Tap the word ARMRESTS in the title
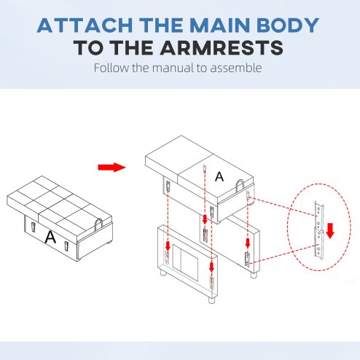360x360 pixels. point(222,48)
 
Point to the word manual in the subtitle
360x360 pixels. point(173,68)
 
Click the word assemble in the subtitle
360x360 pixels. point(236,68)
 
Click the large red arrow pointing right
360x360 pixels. point(111,167)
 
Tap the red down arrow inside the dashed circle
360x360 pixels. point(330,231)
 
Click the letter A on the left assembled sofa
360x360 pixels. point(50,238)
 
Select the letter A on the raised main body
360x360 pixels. point(219,176)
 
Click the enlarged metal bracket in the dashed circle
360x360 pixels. point(319,231)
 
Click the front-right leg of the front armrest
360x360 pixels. point(212,300)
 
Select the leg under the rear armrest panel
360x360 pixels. point(254,275)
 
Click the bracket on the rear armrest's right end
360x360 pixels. point(247,259)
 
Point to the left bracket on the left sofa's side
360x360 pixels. point(33,227)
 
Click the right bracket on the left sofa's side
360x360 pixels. point(66,246)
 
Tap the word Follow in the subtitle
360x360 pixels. point(111,68)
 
